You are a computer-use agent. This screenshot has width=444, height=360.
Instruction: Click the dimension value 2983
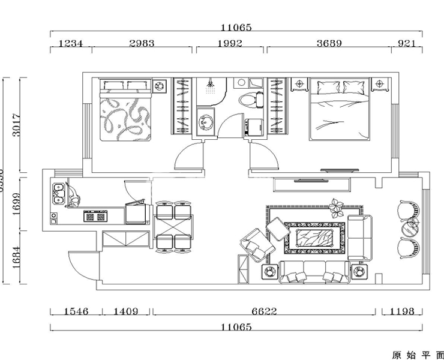(x=142, y=43)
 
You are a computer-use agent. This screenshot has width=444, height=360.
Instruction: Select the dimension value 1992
(x=230, y=43)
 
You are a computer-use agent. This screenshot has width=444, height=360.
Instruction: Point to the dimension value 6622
(x=265, y=311)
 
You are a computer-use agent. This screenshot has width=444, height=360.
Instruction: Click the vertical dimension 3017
(x=17, y=125)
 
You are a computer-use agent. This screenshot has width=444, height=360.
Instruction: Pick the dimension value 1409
(x=126, y=311)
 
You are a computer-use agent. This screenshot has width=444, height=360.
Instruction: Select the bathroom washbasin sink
(x=206, y=122)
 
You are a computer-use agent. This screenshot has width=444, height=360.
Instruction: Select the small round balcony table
(x=413, y=224)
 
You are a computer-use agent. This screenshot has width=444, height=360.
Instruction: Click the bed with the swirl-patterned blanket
(x=125, y=113)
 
